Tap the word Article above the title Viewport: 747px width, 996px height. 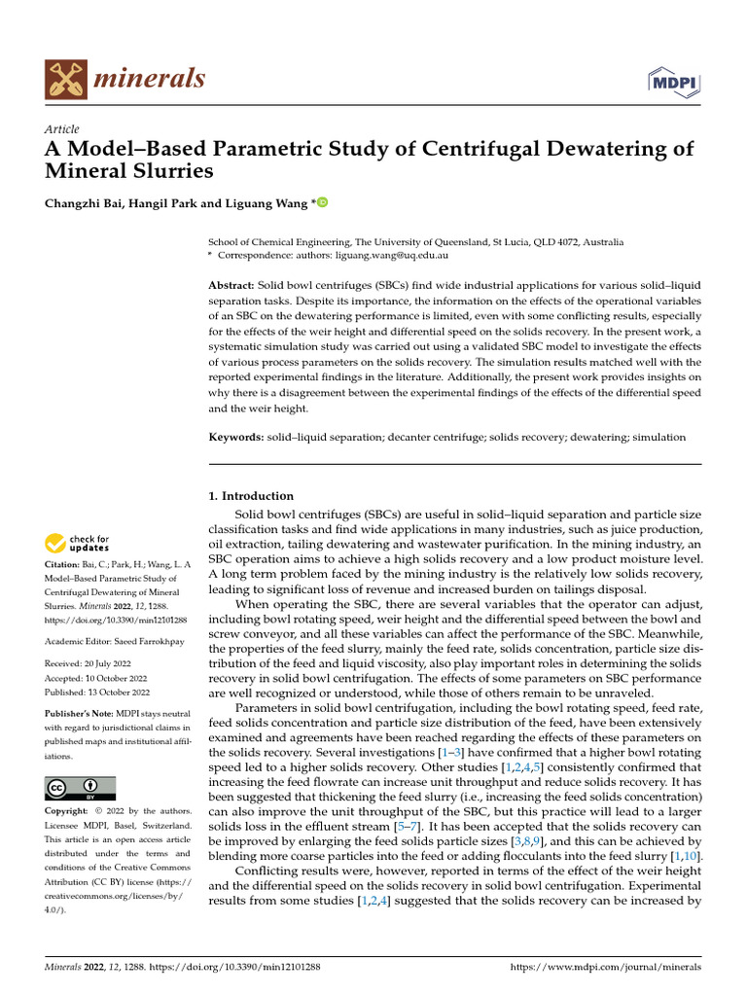62,129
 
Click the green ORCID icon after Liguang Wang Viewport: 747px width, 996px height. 323,203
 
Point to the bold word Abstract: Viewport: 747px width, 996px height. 232,284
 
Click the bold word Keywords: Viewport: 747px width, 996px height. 236,438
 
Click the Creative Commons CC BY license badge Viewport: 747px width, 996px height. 80,788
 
